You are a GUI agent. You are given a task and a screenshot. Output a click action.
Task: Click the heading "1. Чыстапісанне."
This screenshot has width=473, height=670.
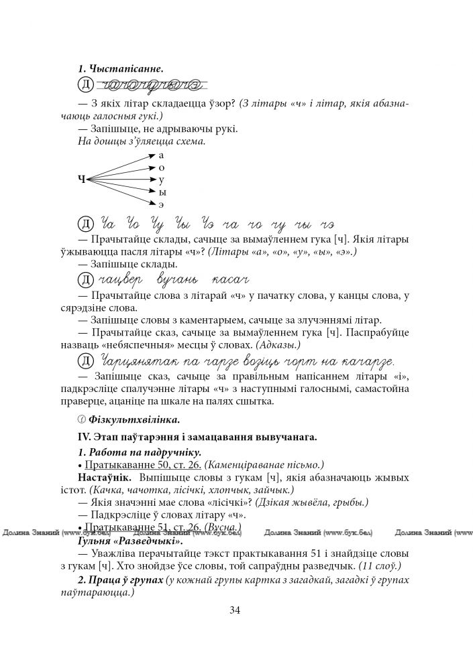point(121,68)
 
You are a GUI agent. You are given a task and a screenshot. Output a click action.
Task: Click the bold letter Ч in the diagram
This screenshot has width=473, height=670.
point(82,179)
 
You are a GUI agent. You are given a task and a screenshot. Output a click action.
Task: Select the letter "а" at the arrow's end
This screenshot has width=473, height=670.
point(162,155)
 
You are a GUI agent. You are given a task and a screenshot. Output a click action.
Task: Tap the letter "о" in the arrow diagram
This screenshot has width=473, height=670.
point(162,167)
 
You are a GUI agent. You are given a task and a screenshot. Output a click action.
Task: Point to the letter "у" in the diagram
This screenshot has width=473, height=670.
point(162,180)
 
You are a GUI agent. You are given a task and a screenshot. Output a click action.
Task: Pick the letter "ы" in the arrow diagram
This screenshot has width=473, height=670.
point(162,192)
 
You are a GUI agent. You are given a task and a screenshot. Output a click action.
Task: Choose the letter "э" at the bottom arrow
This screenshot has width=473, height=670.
point(162,204)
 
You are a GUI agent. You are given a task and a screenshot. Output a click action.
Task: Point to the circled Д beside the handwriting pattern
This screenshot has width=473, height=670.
point(85,85)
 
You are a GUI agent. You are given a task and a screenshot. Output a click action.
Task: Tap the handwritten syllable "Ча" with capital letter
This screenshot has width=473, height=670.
point(108,222)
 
